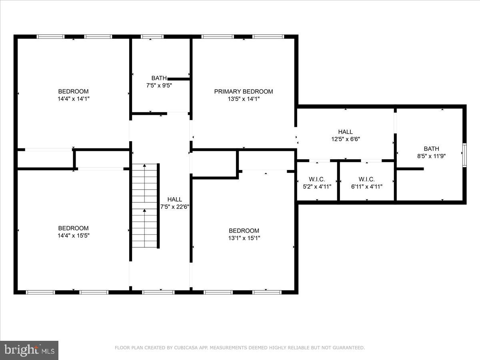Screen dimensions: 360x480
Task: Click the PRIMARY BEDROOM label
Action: point(243,92)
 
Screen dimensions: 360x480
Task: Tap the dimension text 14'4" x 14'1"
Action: point(73,99)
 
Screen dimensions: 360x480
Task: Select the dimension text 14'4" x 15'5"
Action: point(73,236)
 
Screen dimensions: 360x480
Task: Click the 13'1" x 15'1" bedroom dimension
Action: point(244,238)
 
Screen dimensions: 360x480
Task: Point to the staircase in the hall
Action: point(145,206)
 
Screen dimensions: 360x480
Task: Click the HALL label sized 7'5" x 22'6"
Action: point(174,199)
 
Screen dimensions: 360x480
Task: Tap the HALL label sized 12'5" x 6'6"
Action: point(345,132)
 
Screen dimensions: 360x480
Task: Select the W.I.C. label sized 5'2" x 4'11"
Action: point(317,179)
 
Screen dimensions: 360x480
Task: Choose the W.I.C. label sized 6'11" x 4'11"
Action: point(366,179)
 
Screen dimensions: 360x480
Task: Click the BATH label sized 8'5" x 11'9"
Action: point(431,149)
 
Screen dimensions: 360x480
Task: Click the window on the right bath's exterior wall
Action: point(464,154)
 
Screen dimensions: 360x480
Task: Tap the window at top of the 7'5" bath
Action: point(152,37)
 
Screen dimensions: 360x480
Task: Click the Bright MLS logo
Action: point(29,350)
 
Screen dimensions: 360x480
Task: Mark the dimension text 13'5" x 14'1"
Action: point(244,99)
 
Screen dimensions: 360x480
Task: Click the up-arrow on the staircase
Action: point(144,210)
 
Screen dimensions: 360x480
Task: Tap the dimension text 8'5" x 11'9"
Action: point(431,156)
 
